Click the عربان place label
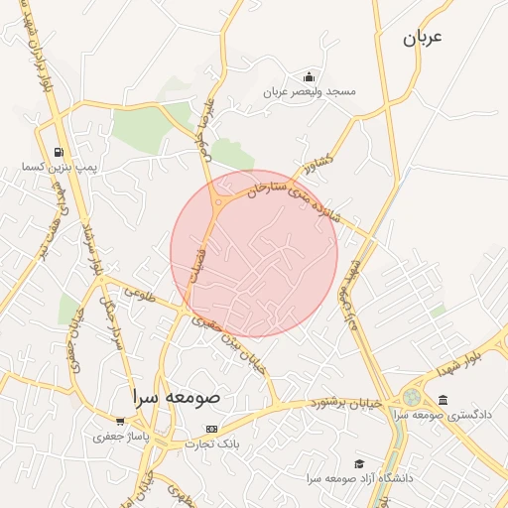pyautogui.click(x=421, y=38)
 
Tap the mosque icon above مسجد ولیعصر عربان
pyautogui.click(x=309, y=77)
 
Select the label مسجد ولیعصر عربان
pyautogui.click(x=309, y=91)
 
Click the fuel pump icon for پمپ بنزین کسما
pyautogui.click(x=59, y=152)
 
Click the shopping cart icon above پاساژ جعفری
pyautogui.click(x=120, y=422)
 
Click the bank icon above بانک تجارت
pyautogui.click(x=210, y=430)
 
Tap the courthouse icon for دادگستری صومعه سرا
pyautogui.click(x=443, y=400)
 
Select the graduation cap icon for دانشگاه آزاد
pyautogui.click(x=358, y=463)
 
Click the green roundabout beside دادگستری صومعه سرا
pyautogui.click(x=411, y=398)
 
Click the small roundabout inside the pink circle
pyautogui.click(x=217, y=201)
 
